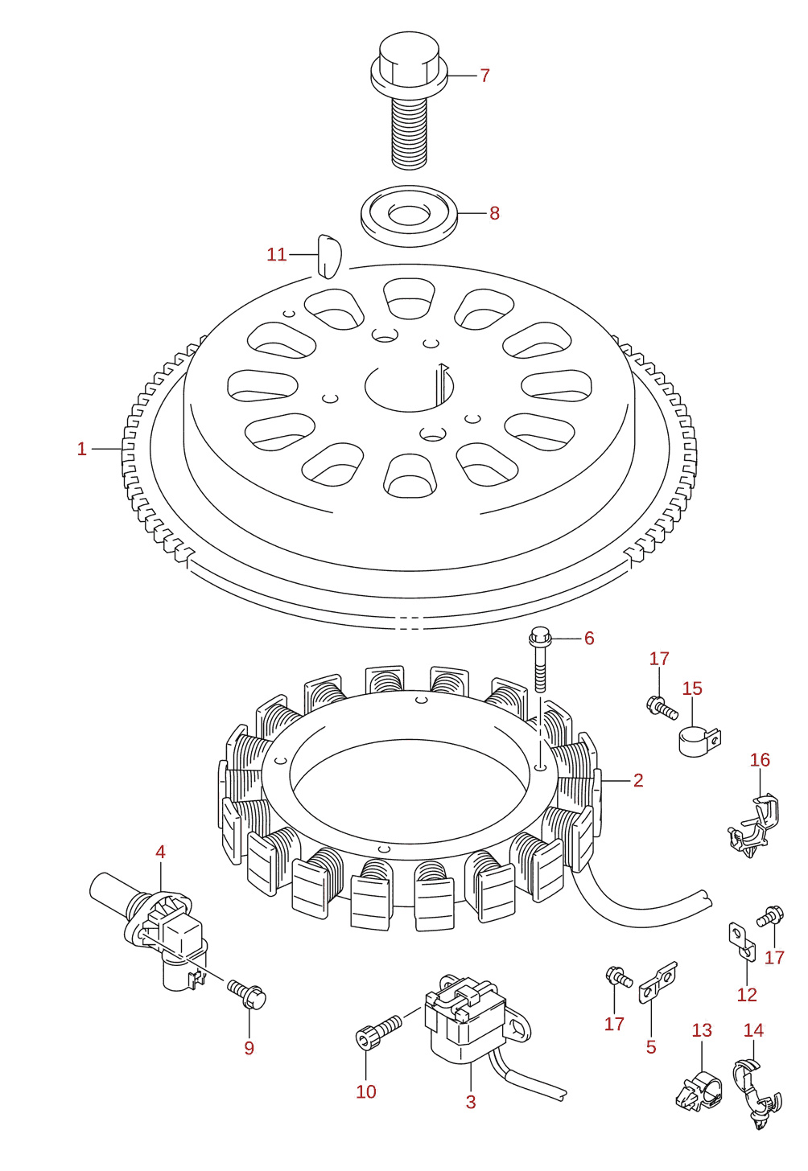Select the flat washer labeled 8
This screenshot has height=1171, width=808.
pyautogui.click(x=409, y=215)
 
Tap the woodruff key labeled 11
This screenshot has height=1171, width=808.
pyautogui.click(x=328, y=256)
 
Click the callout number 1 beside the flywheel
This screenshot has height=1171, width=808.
pyautogui.click(x=81, y=449)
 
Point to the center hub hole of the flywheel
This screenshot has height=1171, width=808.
pyautogui.click(x=409, y=387)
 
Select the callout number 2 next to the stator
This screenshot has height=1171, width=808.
pyautogui.click(x=638, y=780)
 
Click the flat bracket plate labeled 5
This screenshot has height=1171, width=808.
pyautogui.click(x=658, y=982)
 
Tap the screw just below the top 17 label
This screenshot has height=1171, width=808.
pyautogui.click(x=662, y=706)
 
